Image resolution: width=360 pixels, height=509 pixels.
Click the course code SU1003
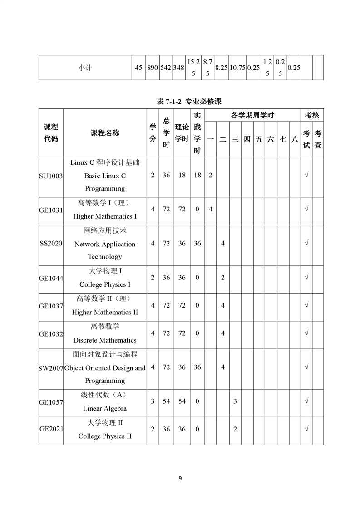pos(51,176)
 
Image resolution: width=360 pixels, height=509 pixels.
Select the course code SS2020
pos(51,244)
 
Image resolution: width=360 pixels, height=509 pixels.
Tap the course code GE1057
pos(51,402)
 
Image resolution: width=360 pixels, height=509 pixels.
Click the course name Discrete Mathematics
pos(104,340)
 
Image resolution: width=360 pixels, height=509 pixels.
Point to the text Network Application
pos(105,244)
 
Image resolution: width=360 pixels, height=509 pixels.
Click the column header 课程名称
pos(105,133)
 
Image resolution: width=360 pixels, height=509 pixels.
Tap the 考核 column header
pos(312,116)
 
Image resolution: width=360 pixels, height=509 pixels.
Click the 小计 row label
pos(85,68)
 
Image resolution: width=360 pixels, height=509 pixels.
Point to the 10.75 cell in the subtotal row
pos(237,68)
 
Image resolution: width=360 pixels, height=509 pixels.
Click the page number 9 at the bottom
pos(180,478)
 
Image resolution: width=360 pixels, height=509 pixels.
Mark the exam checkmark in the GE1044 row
pos(306,277)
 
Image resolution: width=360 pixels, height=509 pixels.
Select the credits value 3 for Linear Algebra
pos(153,402)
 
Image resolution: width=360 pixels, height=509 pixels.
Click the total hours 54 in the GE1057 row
pos(166,402)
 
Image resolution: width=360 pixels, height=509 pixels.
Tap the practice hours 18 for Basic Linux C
pos(197,176)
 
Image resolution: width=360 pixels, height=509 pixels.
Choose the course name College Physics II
pos(104,436)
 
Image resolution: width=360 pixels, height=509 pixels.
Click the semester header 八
pos(295,140)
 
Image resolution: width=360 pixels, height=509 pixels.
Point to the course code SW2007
pos(51,367)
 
